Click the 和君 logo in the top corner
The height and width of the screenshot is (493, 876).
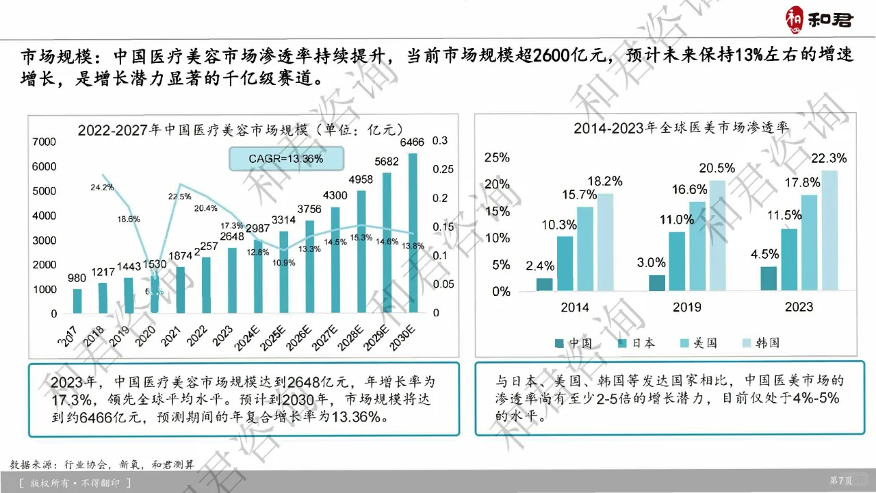coord(819,18)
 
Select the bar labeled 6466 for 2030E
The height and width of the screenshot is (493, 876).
coord(412,233)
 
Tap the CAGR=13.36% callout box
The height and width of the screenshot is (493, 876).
coord(286,159)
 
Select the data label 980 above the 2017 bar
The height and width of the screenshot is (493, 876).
coord(77,278)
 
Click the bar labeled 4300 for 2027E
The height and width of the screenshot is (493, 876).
coord(335,260)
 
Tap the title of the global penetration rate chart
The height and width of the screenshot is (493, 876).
coord(681,128)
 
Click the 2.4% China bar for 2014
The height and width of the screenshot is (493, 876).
coord(545,284)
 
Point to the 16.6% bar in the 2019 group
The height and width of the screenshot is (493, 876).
coord(697,246)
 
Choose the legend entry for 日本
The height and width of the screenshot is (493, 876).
coord(636,343)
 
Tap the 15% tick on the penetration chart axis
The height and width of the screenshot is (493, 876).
coord(497,211)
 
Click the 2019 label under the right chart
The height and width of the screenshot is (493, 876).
coord(687,307)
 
